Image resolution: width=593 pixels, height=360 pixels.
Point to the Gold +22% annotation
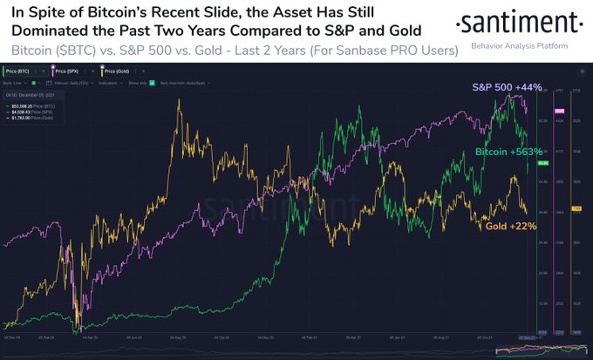pos(510,226)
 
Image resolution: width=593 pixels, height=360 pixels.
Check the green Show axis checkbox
pos(152,83)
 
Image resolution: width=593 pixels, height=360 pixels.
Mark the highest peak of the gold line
pos(180,100)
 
